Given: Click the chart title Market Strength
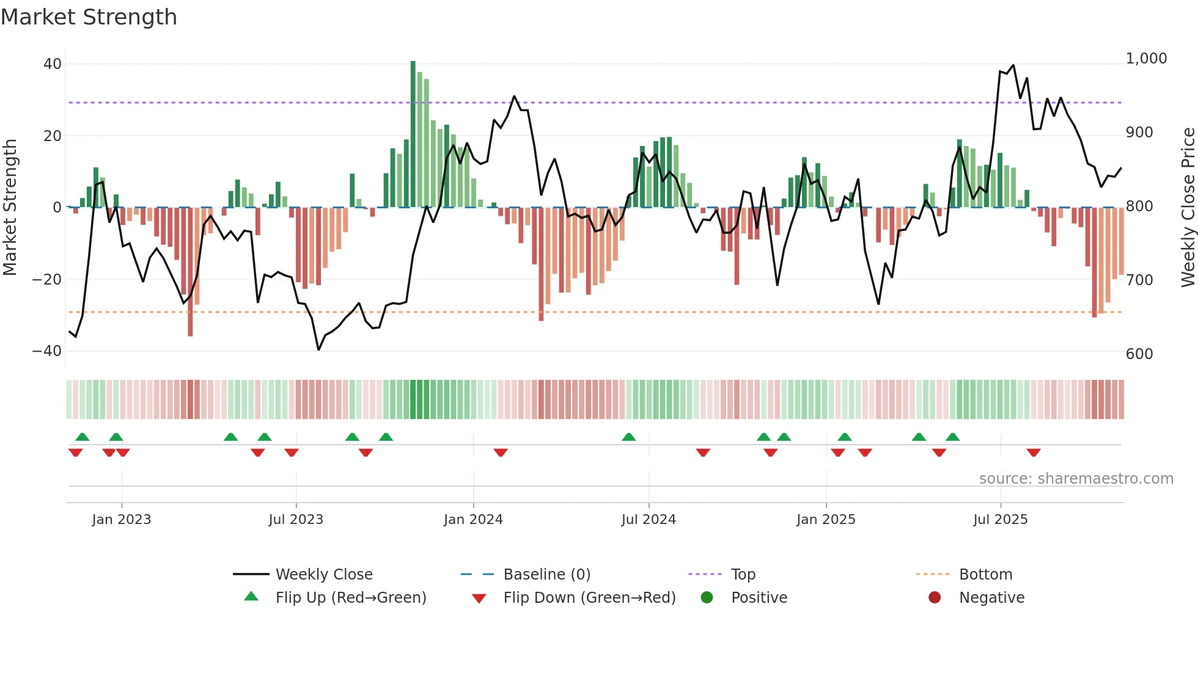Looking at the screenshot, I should pyautogui.click(x=89, y=17).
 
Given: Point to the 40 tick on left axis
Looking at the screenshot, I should pyautogui.click(x=53, y=64).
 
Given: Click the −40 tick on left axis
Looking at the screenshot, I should pyautogui.click(x=47, y=351).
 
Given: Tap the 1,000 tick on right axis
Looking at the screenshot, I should pyautogui.click(x=1146, y=59).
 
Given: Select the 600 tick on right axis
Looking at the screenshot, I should pyautogui.click(x=1139, y=354).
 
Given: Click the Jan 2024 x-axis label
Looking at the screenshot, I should pyautogui.click(x=473, y=520).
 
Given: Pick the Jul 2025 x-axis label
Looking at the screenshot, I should pyautogui.click(x=1000, y=520).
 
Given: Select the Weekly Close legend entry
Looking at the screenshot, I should pyautogui.click(x=323, y=575).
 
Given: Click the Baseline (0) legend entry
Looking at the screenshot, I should pyautogui.click(x=546, y=575).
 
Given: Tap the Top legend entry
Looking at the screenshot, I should pyautogui.click(x=743, y=575).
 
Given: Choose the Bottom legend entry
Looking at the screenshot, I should pyautogui.click(x=985, y=575).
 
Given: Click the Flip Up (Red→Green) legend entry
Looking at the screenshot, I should pyautogui.click(x=350, y=598).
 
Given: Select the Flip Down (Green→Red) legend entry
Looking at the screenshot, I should pyautogui.click(x=589, y=598).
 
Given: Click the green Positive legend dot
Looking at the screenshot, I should pyautogui.click(x=707, y=598).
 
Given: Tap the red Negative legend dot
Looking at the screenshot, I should pyautogui.click(x=935, y=598).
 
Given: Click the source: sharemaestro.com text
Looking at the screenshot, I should pyautogui.click(x=1076, y=479).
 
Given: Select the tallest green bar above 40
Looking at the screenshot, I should pyautogui.click(x=413, y=134).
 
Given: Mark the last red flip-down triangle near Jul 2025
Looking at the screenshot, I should pyautogui.click(x=1034, y=453).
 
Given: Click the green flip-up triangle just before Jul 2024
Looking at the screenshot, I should pyautogui.click(x=628, y=437).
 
